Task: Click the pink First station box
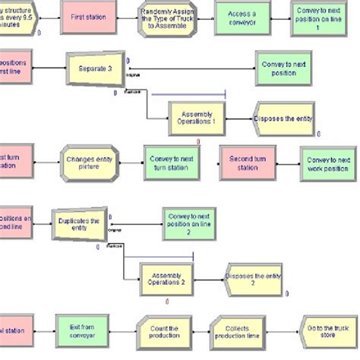[89, 17]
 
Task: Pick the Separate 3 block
[95, 68]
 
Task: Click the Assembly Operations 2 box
[167, 279]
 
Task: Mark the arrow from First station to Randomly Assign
[128, 17]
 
